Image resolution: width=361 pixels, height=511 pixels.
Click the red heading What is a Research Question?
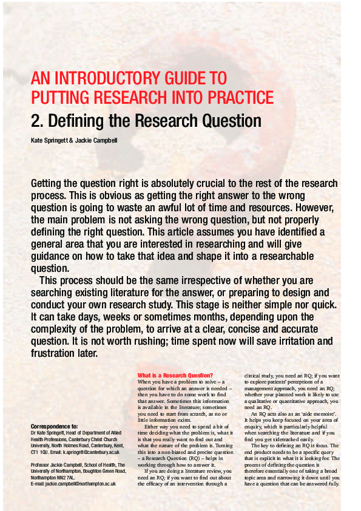175,375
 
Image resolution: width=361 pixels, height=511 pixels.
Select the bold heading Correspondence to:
54,427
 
